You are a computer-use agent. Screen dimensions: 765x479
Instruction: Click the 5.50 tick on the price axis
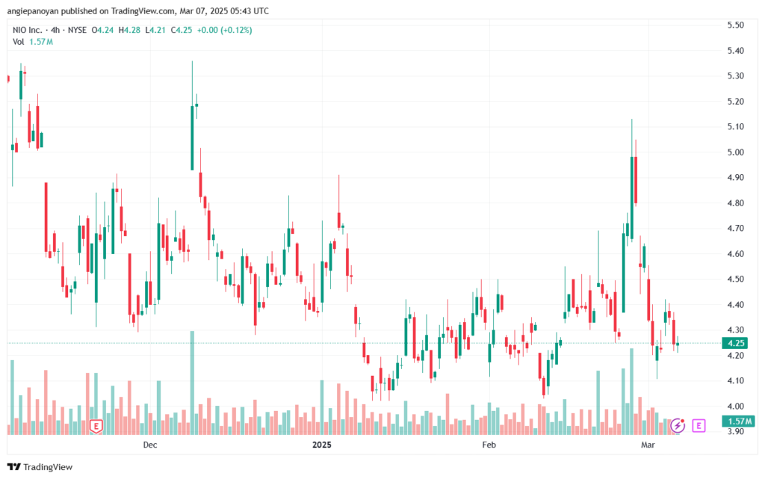click(x=735, y=25)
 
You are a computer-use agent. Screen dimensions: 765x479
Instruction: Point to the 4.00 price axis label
click(x=735, y=406)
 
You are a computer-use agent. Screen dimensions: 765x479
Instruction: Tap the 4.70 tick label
click(x=735, y=228)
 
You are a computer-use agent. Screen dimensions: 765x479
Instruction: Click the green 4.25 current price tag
click(x=735, y=343)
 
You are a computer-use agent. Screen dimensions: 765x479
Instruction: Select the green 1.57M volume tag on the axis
click(x=739, y=421)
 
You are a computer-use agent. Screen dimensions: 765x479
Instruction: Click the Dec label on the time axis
click(x=149, y=445)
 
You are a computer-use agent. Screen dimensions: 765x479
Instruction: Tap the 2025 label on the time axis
click(x=321, y=445)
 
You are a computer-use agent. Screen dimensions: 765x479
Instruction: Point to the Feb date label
click(x=489, y=445)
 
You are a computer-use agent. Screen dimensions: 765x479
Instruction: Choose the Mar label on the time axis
click(x=648, y=445)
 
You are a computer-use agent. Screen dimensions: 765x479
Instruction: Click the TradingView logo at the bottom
click(x=40, y=467)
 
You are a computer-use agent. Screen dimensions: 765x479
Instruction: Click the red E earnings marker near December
click(x=96, y=427)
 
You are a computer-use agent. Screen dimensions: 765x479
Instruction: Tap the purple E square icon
click(x=699, y=425)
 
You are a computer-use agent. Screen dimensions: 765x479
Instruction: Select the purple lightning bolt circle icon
click(x=678, y=425)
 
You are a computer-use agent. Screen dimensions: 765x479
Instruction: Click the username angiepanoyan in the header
click(x=33, y=10)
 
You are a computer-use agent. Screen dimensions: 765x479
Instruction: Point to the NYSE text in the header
click(x=77, y=30)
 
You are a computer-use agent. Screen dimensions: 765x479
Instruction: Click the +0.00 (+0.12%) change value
click(x=224, y=30)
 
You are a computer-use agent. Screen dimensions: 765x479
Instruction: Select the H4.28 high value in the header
click(x=129, y=30)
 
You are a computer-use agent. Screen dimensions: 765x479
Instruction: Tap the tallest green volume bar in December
click(x=192, y=383)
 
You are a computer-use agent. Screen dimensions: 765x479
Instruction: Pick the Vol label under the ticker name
click(x=18, y=42)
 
